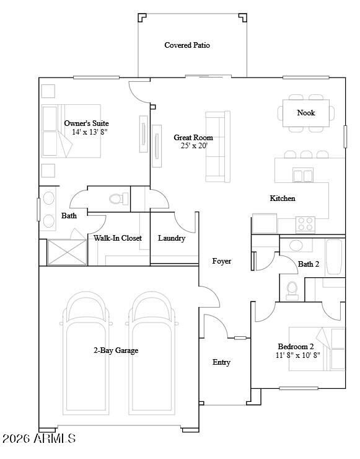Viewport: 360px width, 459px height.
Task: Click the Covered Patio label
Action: [187, 45]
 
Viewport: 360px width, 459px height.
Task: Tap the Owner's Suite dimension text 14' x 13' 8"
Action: [90, 132]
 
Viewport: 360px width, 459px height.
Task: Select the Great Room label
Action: [193, 138]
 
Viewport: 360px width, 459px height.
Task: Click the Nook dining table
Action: [306, 112]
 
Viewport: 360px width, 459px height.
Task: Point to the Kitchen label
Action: [282, 198]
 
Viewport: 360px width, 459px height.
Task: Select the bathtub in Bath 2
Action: [334, 257]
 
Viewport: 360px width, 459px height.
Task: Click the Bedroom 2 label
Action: [296, 346]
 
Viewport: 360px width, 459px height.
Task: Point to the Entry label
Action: [221, 362]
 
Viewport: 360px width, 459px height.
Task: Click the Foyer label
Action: [221, 261]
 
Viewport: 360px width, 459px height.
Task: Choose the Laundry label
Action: [172, 238]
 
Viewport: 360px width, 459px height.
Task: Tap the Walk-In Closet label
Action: [118, 238]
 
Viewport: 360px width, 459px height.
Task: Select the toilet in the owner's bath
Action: [116, 198]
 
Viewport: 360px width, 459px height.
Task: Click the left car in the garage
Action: [87, 354]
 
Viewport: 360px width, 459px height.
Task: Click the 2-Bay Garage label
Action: [116, 350]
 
